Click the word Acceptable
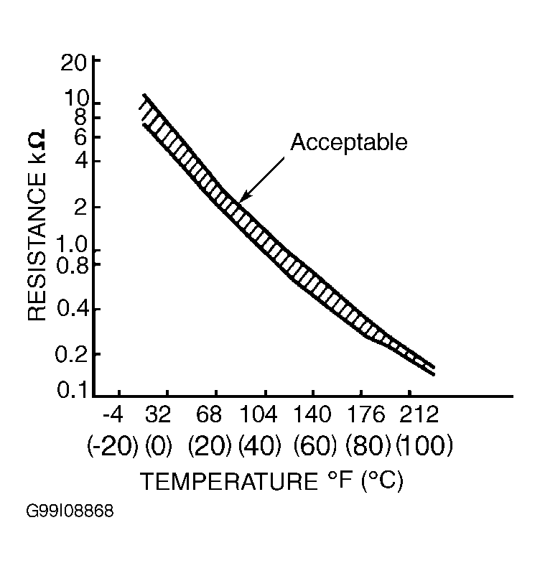point(348,142)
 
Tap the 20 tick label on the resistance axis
point(73,63)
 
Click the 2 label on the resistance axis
point(80,207)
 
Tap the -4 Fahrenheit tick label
point(113,416)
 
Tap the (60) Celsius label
point(315,447)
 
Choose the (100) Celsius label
point(424,447)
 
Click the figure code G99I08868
point(70,512)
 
